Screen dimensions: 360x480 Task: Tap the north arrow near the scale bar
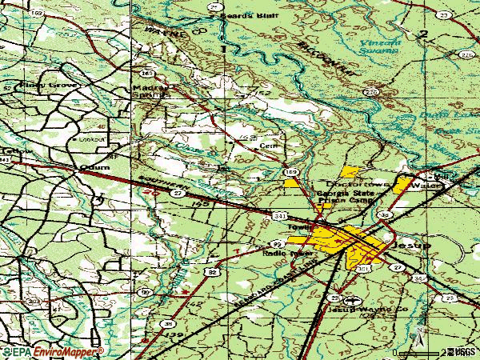point(418,331)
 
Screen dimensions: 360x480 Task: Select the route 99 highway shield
point(277,242)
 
